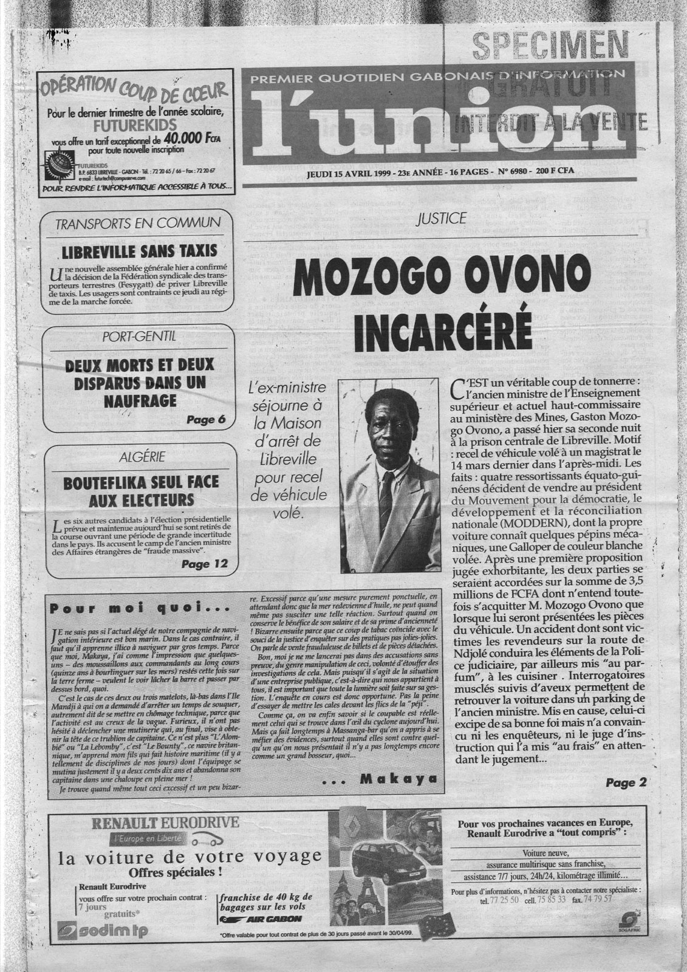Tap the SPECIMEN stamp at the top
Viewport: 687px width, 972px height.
pos(550,46)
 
